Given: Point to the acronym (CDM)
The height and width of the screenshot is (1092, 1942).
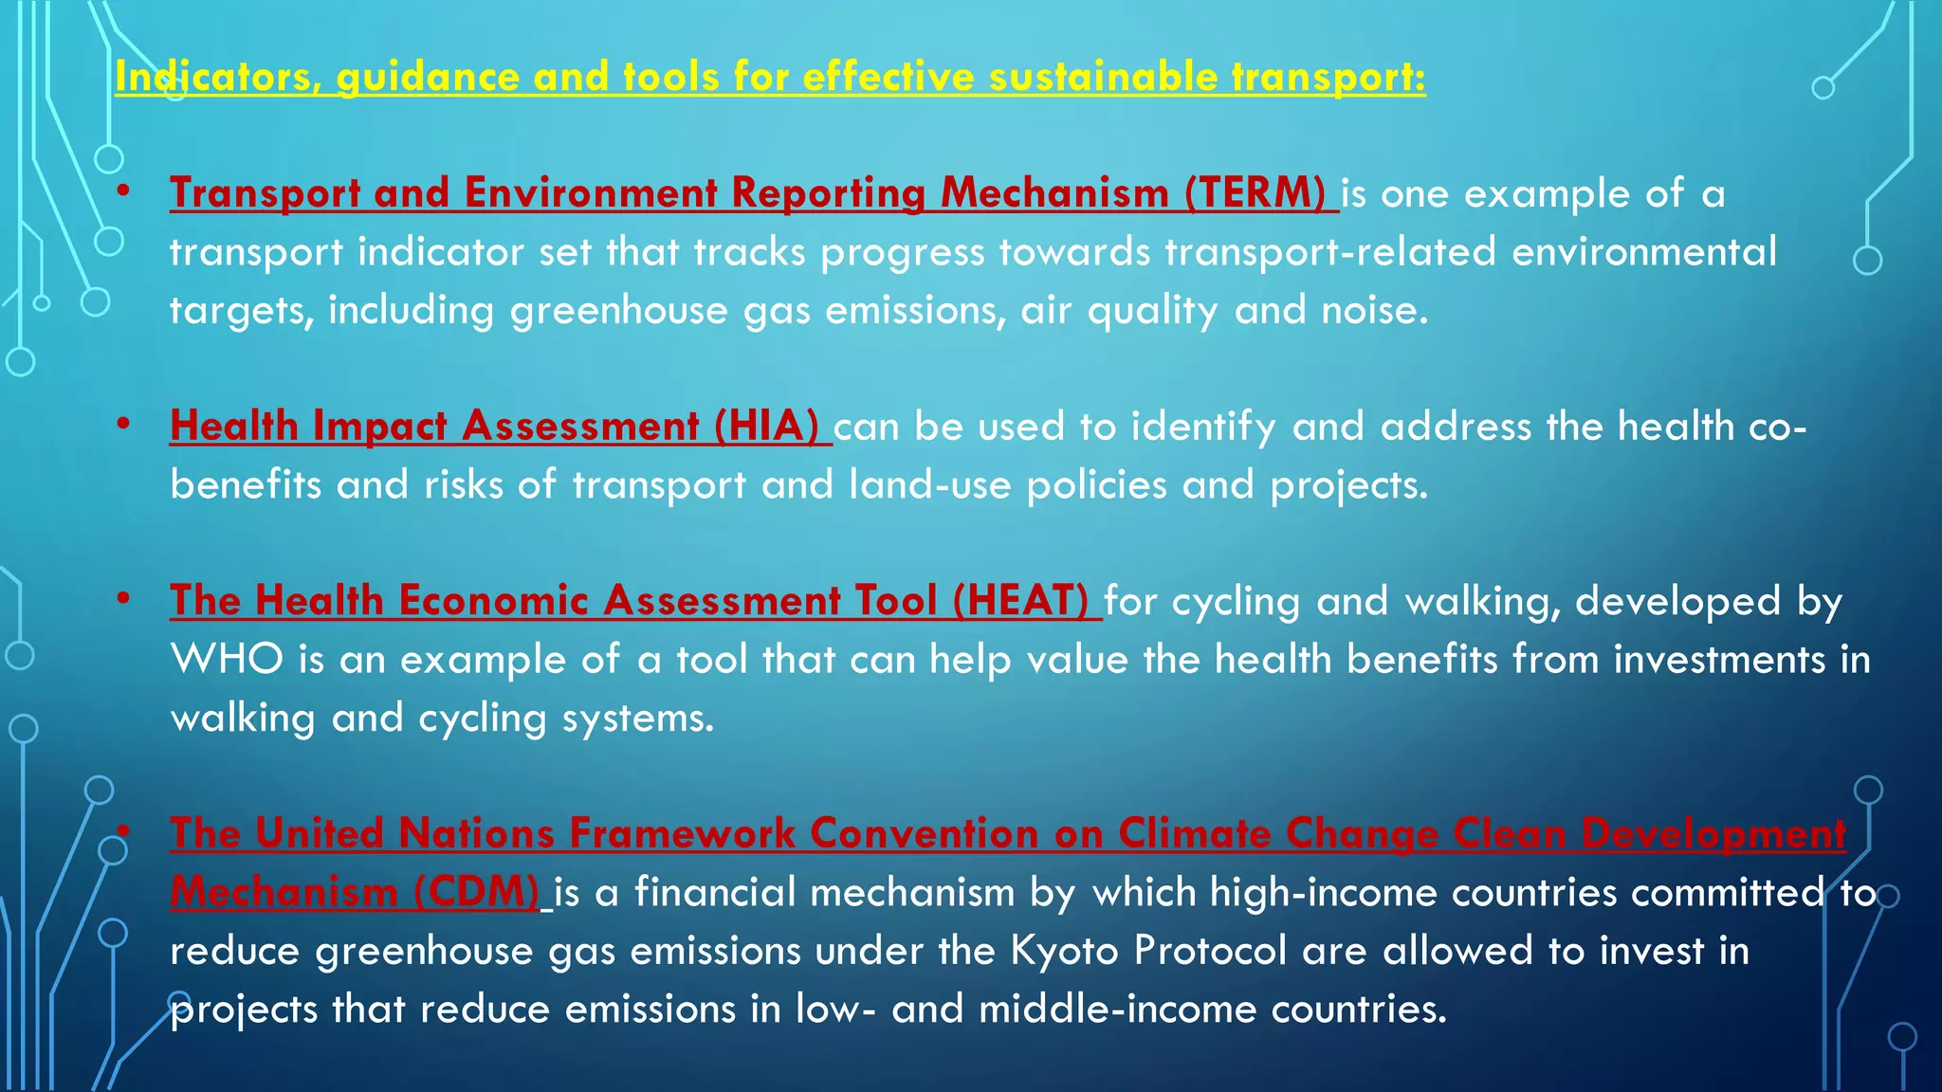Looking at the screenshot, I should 476,892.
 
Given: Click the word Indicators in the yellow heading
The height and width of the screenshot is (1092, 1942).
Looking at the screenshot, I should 217,77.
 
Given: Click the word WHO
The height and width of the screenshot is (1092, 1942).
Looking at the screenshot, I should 227,660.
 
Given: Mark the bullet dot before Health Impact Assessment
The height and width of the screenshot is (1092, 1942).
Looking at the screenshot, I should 124,425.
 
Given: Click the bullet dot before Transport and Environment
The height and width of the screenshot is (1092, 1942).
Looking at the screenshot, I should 124,192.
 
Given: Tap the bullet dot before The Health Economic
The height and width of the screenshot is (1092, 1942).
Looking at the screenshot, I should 124,600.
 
